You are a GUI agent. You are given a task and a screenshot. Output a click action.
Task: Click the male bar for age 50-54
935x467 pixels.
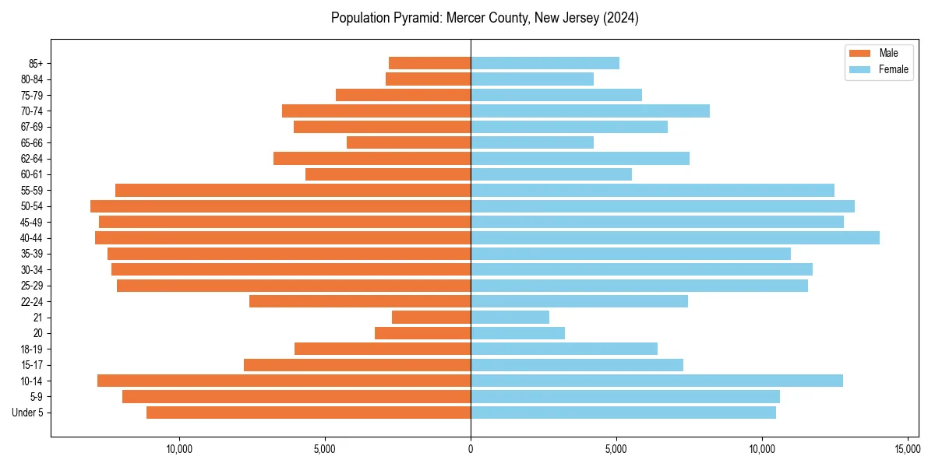(x=280, y=206)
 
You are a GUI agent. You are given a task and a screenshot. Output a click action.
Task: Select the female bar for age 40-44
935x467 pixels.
(x=675, y=238)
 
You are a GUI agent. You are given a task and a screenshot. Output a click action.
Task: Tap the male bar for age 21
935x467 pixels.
(x=431, y=318)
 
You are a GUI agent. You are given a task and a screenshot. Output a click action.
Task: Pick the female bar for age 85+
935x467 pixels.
(x=545, y=63)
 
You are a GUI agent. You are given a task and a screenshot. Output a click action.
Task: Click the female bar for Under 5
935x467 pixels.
(x=623, y=413)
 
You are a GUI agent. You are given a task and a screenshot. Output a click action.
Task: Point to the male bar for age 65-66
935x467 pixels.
(x=408, y=142)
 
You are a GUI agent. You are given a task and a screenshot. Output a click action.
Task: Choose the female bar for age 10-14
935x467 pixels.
(x=657, y=381)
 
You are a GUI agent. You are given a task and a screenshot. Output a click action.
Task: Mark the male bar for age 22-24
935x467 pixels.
(x=360, y=301)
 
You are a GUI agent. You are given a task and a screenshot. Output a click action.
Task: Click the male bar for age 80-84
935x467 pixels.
(x=428, y=79)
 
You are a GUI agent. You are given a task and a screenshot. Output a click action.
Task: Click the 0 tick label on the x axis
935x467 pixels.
(x=471, y=449)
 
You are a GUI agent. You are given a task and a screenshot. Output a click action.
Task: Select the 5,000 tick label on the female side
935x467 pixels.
(x=616, y=449)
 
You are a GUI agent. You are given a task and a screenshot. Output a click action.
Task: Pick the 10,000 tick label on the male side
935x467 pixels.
(x=179, y=449)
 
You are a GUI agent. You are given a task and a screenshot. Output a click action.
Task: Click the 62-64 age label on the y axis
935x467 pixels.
(x=32, y=159)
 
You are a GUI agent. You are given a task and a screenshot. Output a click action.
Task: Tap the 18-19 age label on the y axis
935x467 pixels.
(x=32, y=349)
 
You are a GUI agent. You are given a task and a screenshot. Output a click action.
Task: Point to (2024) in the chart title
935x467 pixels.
(x=620, y=18)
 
